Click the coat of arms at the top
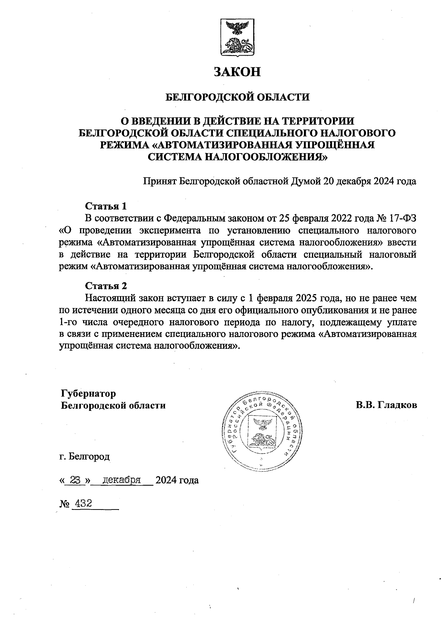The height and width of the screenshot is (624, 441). coord(237,39)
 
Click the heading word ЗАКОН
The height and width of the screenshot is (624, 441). coord(237,71)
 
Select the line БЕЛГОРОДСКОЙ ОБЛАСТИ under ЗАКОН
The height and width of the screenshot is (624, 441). coord(237,97)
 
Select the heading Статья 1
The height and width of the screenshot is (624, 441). coord(106,206)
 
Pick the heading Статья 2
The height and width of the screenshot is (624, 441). coord(106,286)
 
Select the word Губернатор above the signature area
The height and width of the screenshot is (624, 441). coord(89,394)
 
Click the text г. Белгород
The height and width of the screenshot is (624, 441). coord(85,457)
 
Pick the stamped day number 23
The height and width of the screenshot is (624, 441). coord(75,480)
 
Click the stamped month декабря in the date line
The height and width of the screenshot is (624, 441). coord(122,480)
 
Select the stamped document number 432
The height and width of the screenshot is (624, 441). coord(82,503)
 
